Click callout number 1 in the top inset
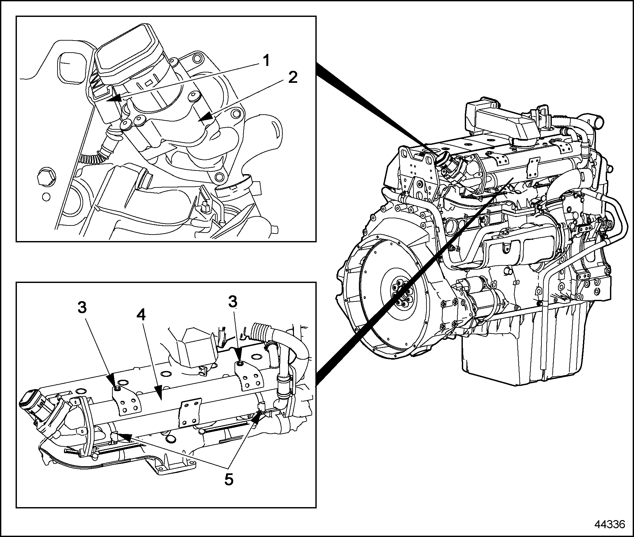(266, 61)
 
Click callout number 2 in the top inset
(293, 78)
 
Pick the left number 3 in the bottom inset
(82, 307)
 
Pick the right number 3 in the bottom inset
(232, 302)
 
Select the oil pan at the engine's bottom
(507, 354)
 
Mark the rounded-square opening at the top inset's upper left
(70, 65)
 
